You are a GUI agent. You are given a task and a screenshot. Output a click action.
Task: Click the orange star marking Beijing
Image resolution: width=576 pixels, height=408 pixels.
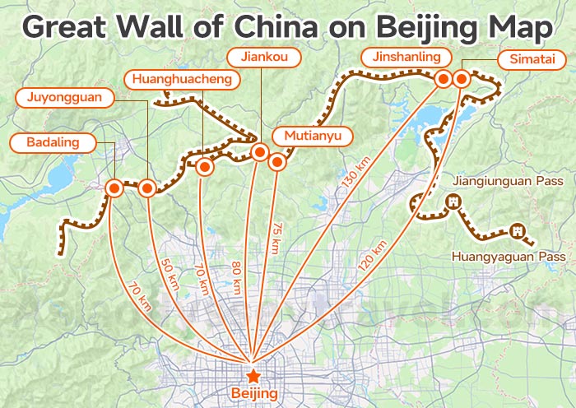click(x=253, y=376)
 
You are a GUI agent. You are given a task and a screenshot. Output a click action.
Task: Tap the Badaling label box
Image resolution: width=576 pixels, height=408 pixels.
click(x=52, y=143)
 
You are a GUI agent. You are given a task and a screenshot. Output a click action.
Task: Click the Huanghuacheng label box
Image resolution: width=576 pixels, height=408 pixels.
click(x=182, y=80)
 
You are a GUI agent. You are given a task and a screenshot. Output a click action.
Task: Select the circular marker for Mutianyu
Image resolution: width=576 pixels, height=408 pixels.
click(x=277, y=162)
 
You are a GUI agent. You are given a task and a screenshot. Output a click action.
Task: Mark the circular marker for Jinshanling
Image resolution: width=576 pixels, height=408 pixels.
click(x=444, y=80)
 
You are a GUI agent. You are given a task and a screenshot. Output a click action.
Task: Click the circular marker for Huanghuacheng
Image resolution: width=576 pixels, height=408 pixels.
click(x=205, y=167)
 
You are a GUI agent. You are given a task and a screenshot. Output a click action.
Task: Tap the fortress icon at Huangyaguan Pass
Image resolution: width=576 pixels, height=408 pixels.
click(x=517, y=230)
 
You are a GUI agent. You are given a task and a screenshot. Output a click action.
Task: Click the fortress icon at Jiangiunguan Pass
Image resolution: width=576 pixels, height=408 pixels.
click(x=453, y=202)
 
